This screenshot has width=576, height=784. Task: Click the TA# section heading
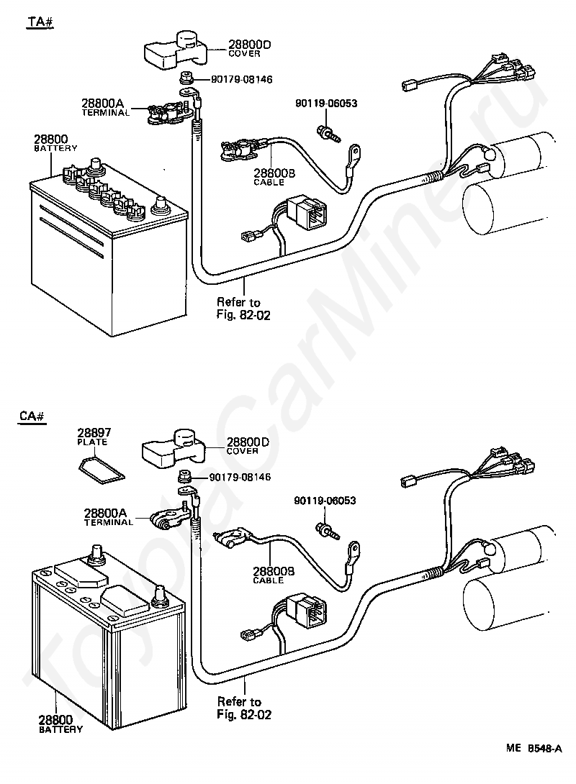pyautogui.click(x=40, y=23)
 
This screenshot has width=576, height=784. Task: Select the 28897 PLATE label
pyautogui.click(x=94, y=437)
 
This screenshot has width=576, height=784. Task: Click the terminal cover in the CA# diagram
pyautogui.click(x=174, y=448)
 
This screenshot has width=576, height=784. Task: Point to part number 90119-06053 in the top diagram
pyautogui.click(x=326, y=104)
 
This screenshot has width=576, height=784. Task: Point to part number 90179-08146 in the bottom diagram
pyautogui.click(x=240, y=477)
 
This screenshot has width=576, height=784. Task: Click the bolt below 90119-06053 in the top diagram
pyautogui.click(x=328, y=133)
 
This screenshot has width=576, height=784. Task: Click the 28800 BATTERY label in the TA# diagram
pyautogui.click(x=55, y=142)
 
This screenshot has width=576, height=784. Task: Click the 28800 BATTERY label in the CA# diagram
pyautogui.click(x=60, y=724)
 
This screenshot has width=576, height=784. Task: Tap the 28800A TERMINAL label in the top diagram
pyautogui.click(x=106, y=107)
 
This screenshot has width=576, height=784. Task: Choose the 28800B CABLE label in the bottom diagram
pyautogui.click(x=273, y=575)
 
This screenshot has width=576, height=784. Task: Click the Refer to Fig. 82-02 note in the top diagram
pyautogui.click(x=243, y=309)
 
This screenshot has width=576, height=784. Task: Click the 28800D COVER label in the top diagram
pyautogui.click(x=249, y=48)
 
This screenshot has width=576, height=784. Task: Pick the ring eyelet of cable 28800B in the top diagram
pyautogui.click(x=355, y=153)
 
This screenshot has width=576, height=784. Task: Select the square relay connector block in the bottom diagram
pyautogui.click(x=310, y=613)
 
